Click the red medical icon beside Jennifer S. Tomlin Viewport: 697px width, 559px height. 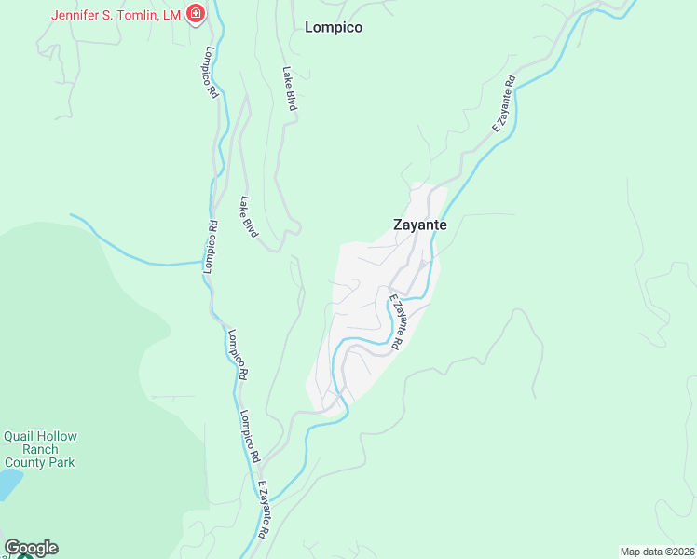coord(195,13)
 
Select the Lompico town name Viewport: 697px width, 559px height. coord(334,28)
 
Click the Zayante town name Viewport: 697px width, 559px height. coord(419,225)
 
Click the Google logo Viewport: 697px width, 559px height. coord(31,548)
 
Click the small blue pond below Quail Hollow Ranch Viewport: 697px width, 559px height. coord(7,484)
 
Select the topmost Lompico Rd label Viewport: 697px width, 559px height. coord(212,73)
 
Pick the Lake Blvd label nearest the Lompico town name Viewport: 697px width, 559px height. coord(290,89)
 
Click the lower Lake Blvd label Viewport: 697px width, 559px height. coord(248,217)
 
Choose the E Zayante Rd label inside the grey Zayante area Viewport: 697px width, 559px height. coord(396,321)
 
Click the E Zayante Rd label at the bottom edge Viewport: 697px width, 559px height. coord(264,510)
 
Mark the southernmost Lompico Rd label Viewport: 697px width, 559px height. coord(246,437)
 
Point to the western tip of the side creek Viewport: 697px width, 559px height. coord(72,215)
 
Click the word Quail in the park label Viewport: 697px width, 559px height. coord(22,436)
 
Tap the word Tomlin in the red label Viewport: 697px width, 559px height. coord(139,14)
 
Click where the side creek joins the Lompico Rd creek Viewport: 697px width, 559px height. coord(204,262)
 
